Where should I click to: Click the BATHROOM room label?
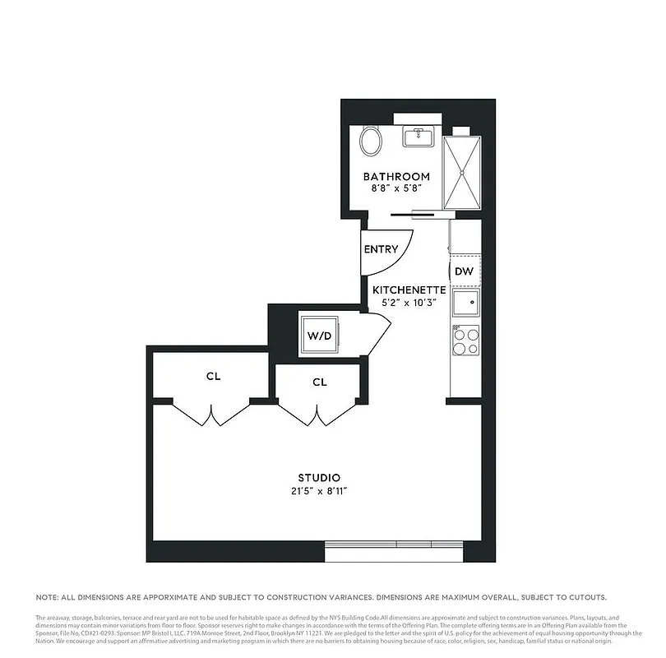[396, 177]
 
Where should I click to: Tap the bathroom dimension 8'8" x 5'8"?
[396, 189]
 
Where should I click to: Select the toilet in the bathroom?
[372, 141]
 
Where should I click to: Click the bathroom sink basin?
[419, 136]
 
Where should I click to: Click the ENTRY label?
[381, 249]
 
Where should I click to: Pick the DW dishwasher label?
[462, 271]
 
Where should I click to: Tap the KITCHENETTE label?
[409, 290]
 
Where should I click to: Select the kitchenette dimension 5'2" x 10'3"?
[409, 303]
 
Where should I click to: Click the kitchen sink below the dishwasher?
[465, 302]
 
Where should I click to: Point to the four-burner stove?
[465, 341]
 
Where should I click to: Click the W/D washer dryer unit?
[319, 336]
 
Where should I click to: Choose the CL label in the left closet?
[214, 377]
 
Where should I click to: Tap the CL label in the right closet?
[320, 382]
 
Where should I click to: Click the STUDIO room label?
[319, 478]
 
